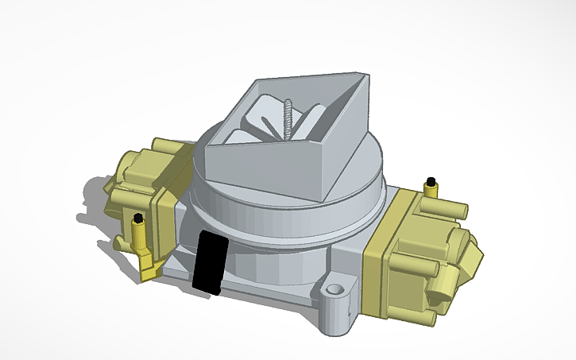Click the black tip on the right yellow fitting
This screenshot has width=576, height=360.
431,180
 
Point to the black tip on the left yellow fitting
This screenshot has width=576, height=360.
138,218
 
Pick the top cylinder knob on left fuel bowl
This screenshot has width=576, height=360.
163,146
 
